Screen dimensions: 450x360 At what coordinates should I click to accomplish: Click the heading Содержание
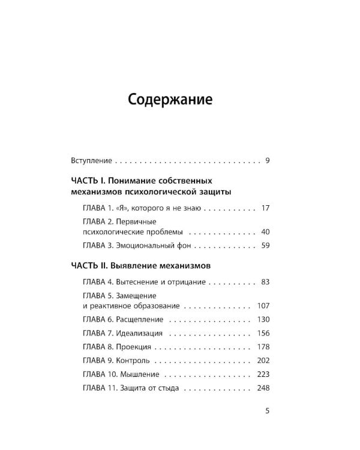coord(170,100)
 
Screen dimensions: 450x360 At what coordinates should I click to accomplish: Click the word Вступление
coord(91,161)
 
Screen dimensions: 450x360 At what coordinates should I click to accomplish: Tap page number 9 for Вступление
coord(267,161)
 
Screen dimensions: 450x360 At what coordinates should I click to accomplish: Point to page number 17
coord(266,208)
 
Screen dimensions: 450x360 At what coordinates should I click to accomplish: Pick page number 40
coord(266,232)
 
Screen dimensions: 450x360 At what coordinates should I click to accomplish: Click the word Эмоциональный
coord(146,245)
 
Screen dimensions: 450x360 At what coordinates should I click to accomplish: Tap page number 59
coord(266,245)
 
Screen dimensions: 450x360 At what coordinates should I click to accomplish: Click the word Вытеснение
coord(139,281)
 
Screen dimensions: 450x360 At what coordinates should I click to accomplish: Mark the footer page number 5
coord(267,411)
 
